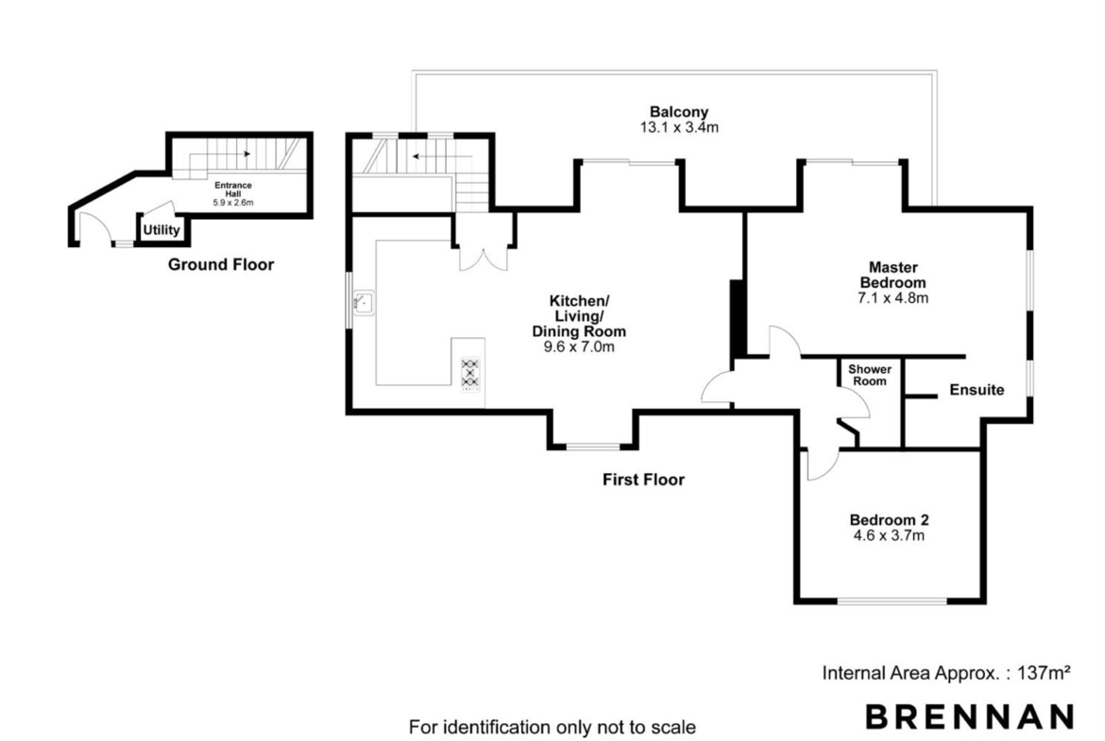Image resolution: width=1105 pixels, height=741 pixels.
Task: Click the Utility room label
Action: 161,229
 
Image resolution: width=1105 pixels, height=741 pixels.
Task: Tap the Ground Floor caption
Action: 221,265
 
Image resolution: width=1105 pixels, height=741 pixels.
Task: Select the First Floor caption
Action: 643,480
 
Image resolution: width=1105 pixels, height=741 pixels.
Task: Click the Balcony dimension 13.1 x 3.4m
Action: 679,127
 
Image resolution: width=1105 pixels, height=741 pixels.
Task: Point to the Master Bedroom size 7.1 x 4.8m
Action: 892,298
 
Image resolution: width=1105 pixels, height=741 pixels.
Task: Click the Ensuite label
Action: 977,390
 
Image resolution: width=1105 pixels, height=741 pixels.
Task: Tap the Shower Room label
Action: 870,375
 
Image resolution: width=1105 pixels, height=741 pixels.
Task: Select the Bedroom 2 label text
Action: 889,520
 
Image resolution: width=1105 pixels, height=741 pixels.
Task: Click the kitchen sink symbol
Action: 365,303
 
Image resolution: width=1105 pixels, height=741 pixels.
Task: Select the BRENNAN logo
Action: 970,716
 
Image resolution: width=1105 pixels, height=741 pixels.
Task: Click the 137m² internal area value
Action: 1045,673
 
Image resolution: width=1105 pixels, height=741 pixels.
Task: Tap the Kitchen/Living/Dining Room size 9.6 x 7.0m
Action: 579,346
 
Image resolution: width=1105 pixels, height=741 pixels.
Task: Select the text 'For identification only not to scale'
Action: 552,727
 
